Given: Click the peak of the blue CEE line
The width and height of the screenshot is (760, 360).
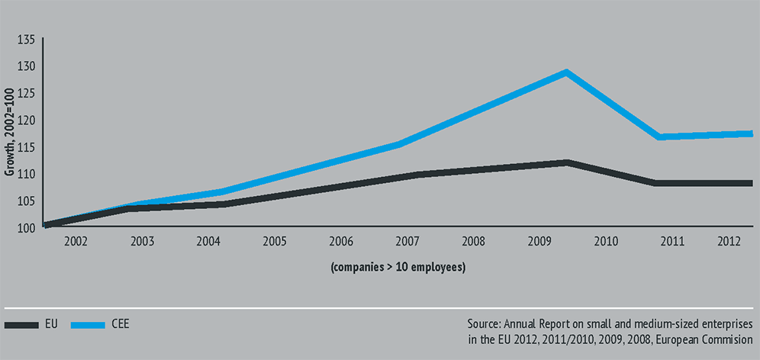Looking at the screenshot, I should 566,73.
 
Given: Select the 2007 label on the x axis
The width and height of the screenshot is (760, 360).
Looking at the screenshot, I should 407,242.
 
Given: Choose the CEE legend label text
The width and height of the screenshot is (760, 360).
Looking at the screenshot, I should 119,324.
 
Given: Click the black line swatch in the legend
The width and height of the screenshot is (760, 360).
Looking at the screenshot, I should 21,324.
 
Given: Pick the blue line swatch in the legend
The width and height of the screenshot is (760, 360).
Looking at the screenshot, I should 88,324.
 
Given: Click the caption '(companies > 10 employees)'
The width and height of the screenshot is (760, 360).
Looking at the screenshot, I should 398,268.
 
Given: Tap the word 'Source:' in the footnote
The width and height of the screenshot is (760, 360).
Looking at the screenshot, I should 485,324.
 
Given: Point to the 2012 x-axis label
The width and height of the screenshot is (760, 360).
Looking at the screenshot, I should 729,242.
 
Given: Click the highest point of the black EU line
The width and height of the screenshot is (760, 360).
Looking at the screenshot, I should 566,162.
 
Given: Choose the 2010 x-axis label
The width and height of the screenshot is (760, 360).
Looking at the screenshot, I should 606,242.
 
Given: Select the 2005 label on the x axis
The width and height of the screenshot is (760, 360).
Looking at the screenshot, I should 275,242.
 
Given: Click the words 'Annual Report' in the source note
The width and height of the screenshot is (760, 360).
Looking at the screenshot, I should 539,324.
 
